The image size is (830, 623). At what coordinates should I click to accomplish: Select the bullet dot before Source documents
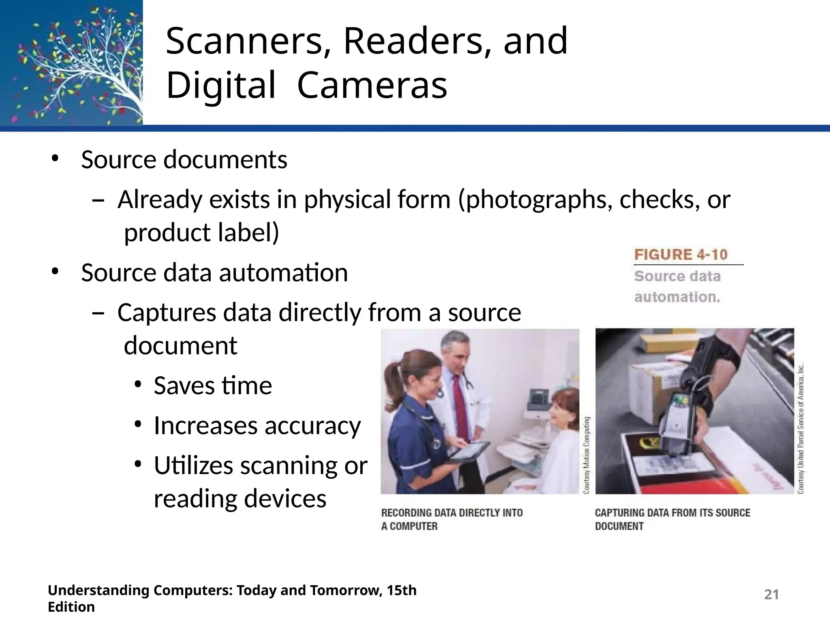pos(55,159)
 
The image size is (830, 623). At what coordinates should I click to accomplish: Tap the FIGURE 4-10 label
pos(681,255)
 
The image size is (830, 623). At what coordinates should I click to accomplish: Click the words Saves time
pos(213,385)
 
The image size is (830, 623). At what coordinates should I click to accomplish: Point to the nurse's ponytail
pos(392,375)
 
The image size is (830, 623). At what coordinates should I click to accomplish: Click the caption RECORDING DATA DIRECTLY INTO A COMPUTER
pos(451,520)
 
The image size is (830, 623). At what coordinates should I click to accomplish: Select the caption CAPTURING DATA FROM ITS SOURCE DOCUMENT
pos(672,520)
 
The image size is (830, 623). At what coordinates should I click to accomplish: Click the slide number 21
pos(771,595)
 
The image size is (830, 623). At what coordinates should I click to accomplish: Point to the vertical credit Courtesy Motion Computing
pos(587,455)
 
